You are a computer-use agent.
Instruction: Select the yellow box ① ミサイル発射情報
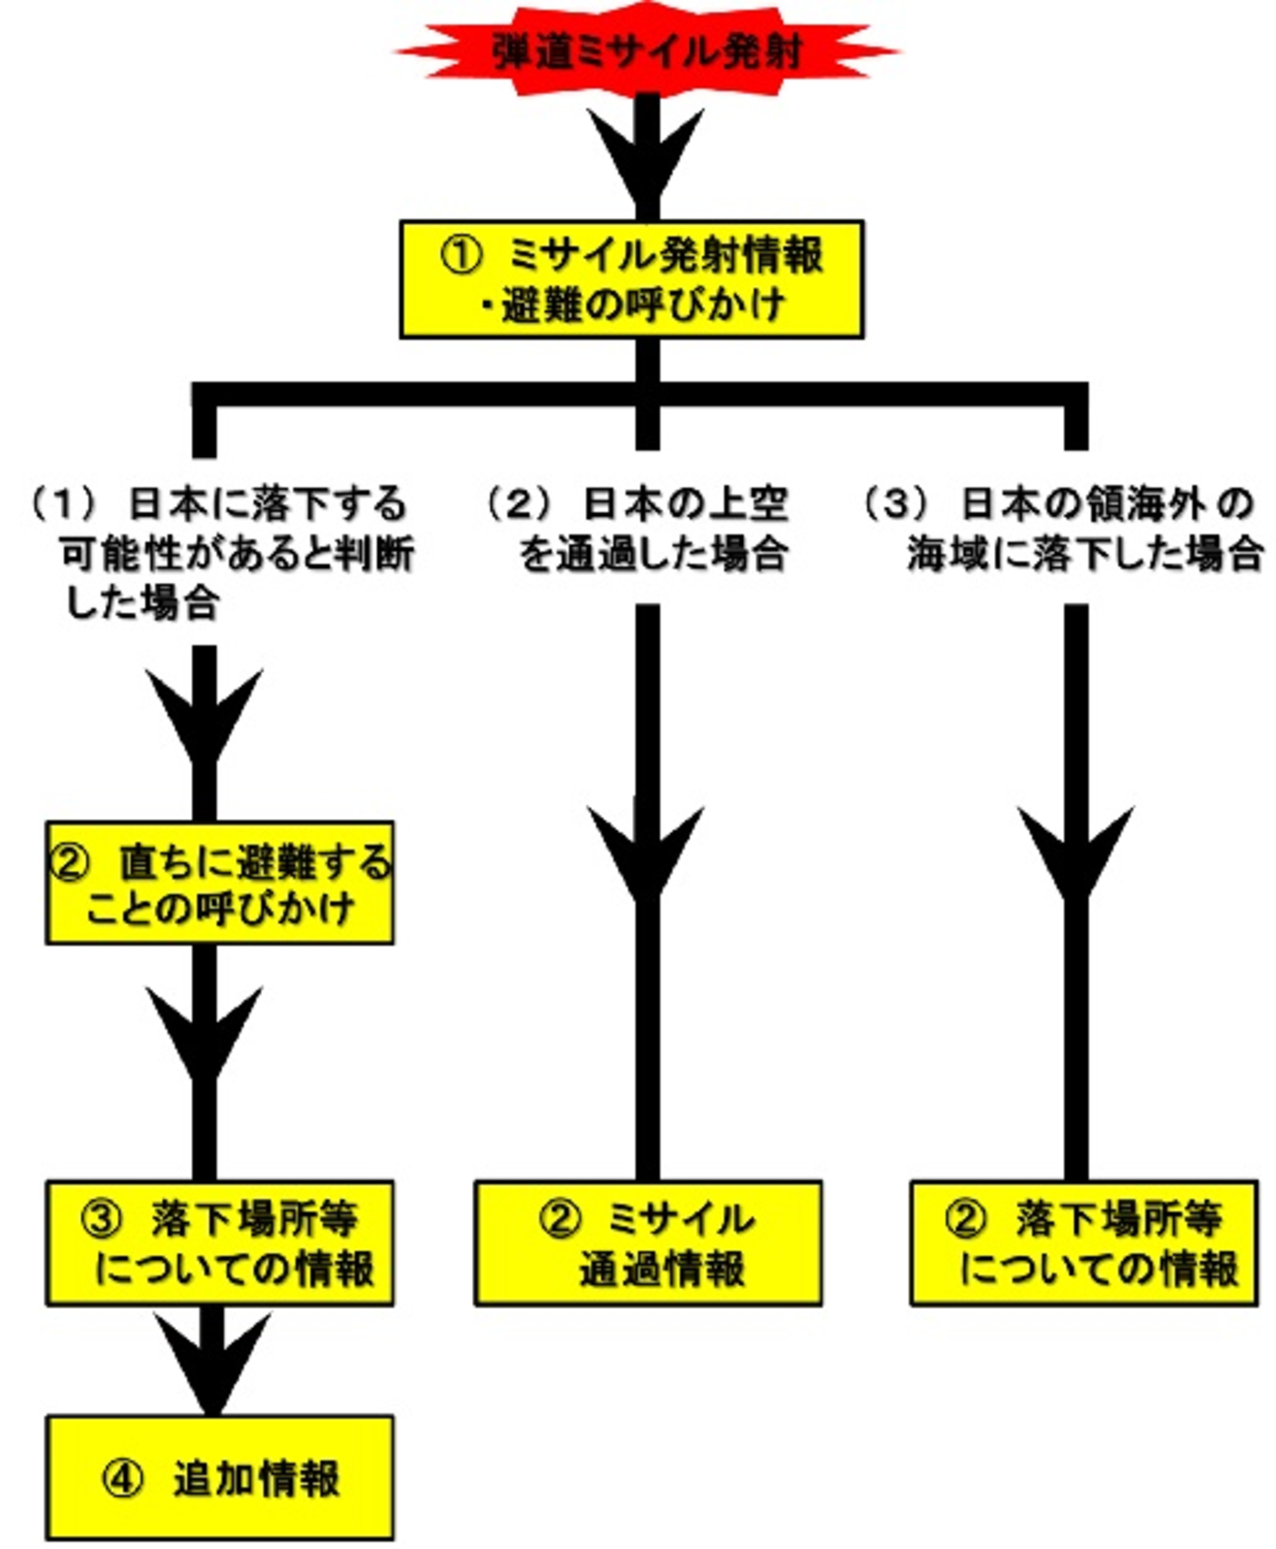(x=631, y=280)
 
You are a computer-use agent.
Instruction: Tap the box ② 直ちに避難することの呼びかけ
(x=220, y=883)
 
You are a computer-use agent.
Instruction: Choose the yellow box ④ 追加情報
(x=220, y=1477)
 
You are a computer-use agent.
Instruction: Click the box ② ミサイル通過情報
(x=648, y=1243)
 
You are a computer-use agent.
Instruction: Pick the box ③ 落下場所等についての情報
(x=220, y=1243)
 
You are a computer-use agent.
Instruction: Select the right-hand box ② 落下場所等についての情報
(x=1084, y=1243)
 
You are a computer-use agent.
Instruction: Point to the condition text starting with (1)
(x=221, y=552)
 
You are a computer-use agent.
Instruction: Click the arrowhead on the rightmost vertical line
(x=1076, y=849)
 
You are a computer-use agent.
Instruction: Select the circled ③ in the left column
(x=101, y=1219)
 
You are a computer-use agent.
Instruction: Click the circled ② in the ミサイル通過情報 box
(x=559, y=1219)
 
